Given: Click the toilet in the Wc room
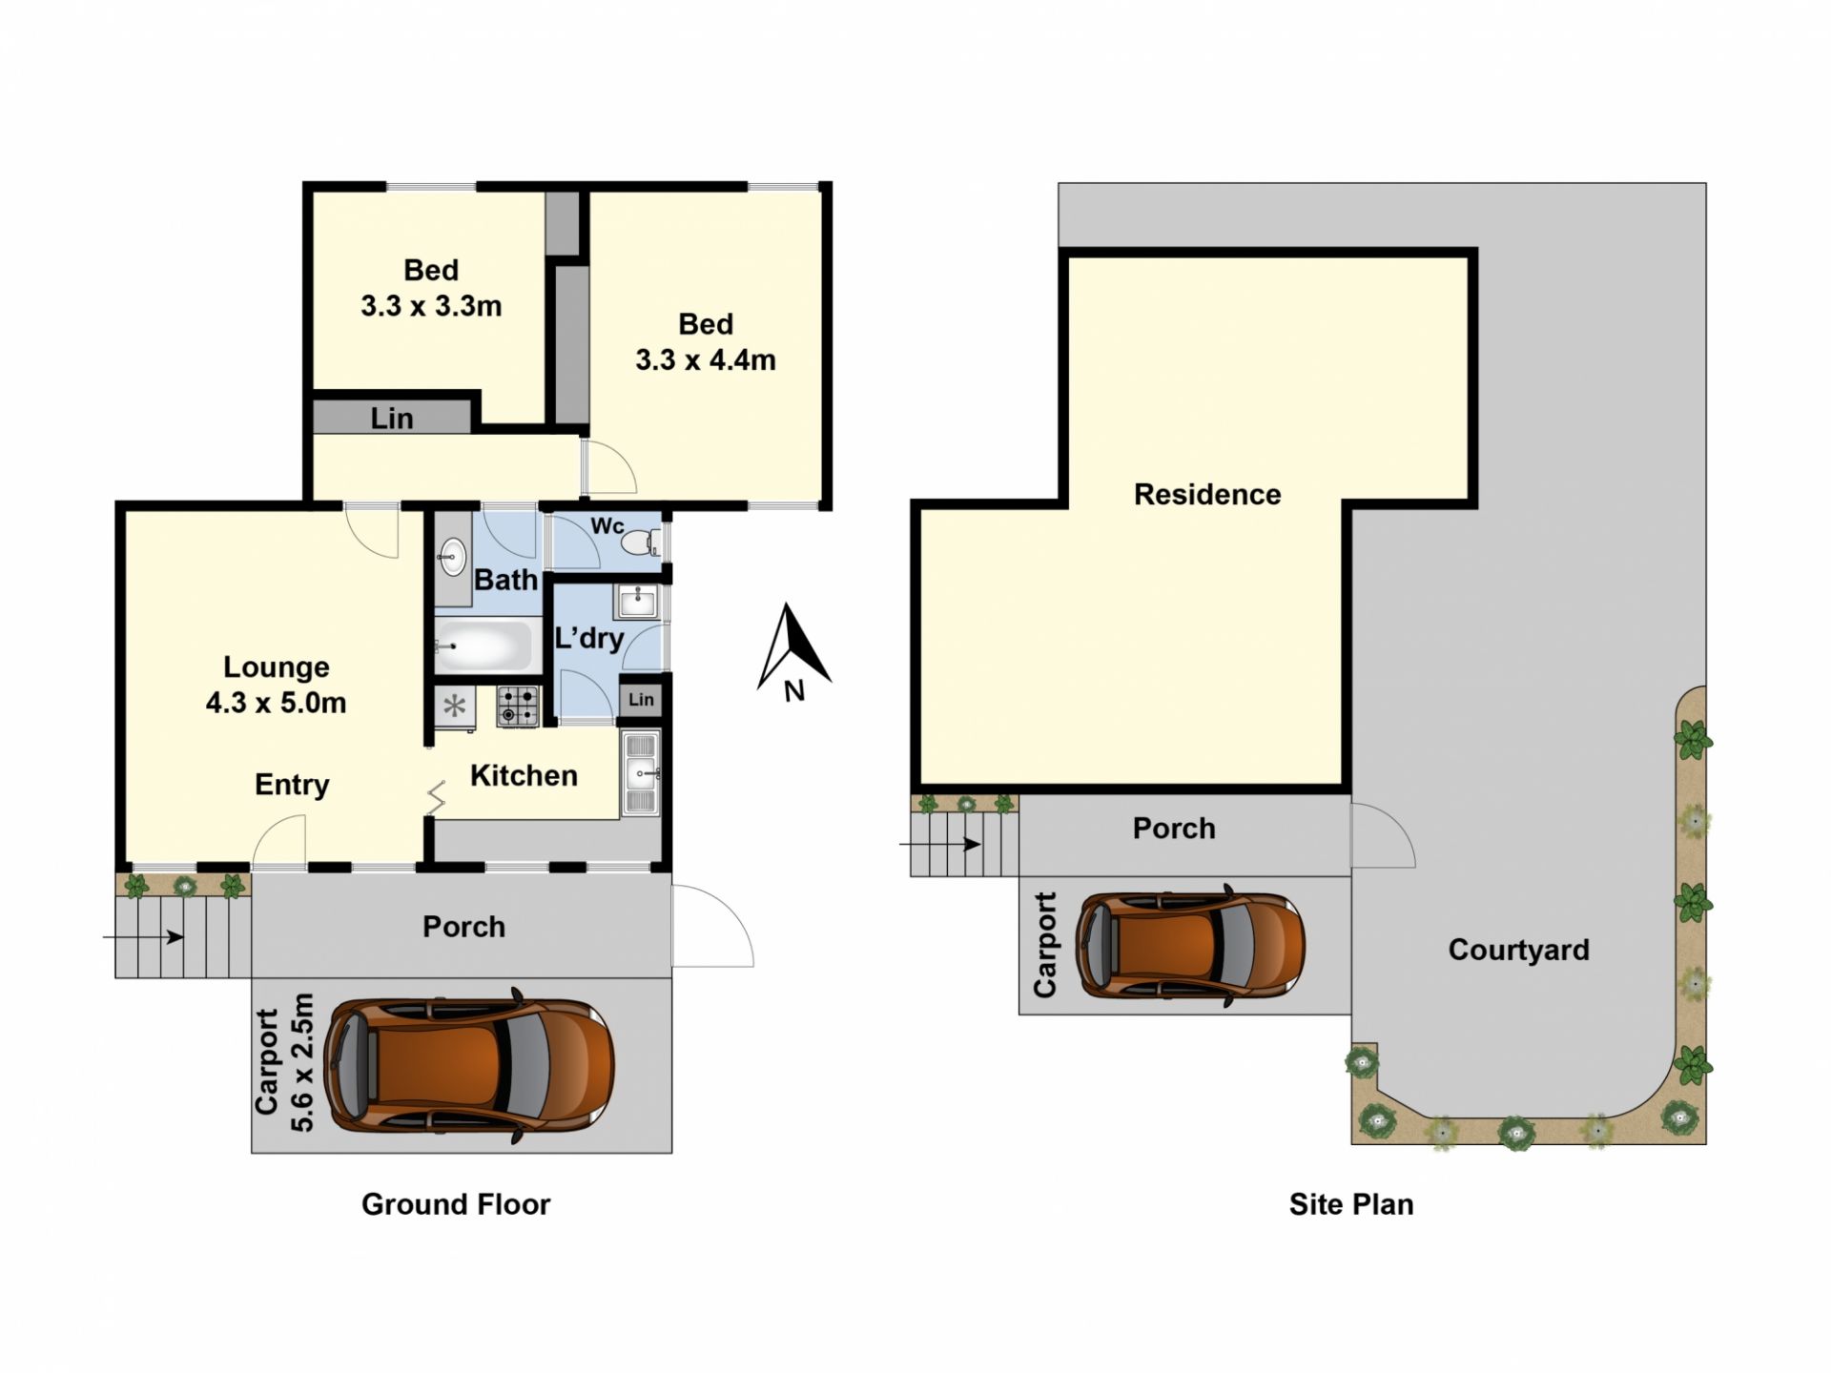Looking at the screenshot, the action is (640, 543).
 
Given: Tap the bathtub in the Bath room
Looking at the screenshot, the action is (483, 646).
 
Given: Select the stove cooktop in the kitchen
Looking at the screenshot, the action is (517, 707).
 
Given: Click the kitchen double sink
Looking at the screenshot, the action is (641, 773).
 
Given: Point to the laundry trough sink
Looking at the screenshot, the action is (637, 602).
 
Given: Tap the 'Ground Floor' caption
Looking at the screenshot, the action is (456, 1204).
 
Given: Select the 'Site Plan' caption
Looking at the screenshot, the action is (1351, 1204).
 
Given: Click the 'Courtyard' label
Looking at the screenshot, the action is (1518, 950).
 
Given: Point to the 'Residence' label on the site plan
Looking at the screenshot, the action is (1207, 494).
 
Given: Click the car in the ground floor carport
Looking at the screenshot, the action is (469, 1065).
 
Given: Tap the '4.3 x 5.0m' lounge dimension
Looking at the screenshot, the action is (276, 703).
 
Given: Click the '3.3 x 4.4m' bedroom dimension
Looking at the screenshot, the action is (706, 360).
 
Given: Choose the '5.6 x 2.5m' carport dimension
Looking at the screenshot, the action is (301, 1062).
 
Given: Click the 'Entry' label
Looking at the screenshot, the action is (292, 785).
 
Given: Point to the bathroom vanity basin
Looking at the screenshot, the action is (452, 556).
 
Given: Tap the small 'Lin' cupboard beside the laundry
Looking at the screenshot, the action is (641, 700).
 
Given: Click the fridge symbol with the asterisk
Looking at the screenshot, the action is (455, 707).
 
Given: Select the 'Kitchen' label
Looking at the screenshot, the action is (524, 775).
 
